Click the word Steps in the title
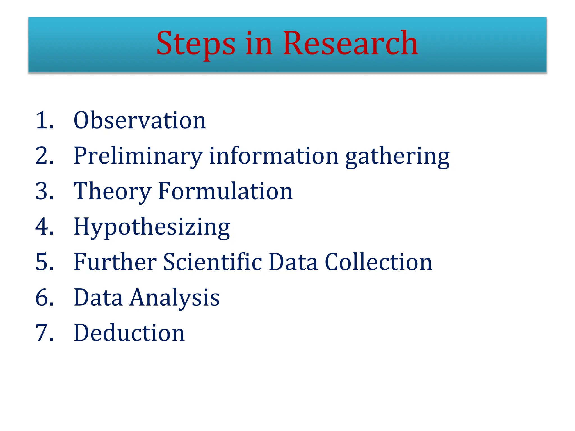click(196, 44)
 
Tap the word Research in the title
click(350, 43)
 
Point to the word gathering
click(397, 156)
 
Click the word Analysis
click(175, 297)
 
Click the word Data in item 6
click(98, 297)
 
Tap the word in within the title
click(259, 44)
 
